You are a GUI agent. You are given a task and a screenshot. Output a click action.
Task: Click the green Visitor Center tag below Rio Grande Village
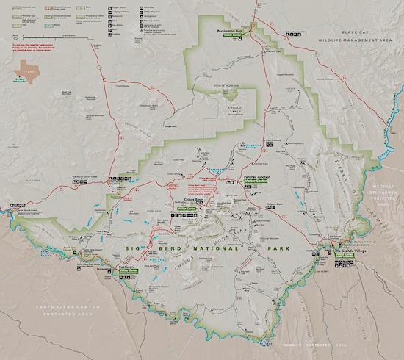347,256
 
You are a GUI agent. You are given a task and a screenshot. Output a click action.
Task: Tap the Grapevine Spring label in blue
256,144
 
